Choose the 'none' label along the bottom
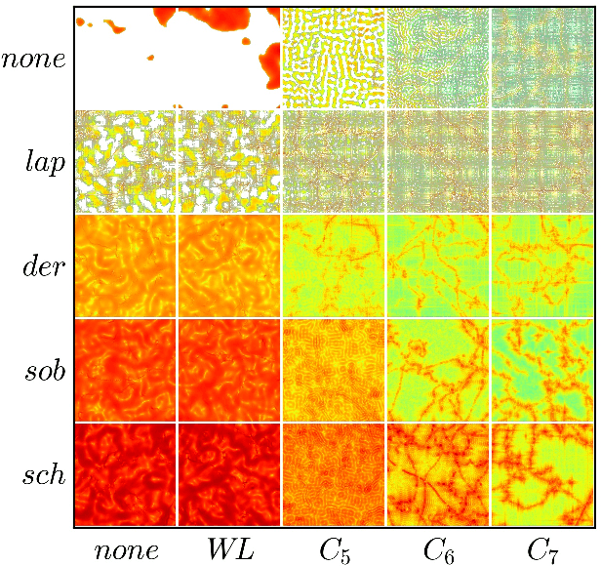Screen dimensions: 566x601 (x=126, y=549)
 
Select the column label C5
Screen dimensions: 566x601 (x=334, y=549)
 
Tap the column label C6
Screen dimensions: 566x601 (x=438, y=549)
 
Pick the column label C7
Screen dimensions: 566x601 (x=542, y=549)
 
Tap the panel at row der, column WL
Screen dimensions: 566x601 (x=228, y=265)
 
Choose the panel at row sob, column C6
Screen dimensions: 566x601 (x=438, y=370)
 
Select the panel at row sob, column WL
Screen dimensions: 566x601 (x=228, y=370)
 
